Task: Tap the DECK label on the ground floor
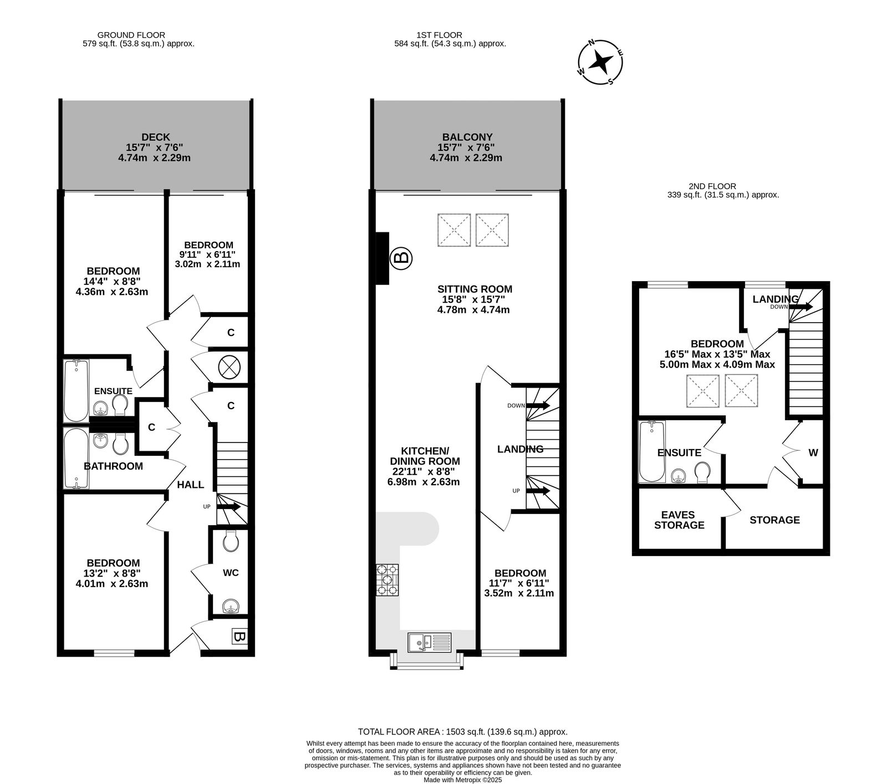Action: pos(156,137)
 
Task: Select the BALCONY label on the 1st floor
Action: pos(467,137)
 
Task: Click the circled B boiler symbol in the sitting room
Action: pos(401,257)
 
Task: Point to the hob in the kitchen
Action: pos(388,580)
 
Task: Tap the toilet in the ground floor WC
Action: pos(231,540)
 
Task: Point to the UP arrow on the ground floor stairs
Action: pos(228,506)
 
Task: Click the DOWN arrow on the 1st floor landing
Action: pos(537,405)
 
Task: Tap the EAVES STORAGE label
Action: pos(679,520)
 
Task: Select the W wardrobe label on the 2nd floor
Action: pos(813,453)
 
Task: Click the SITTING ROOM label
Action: pos(475,289)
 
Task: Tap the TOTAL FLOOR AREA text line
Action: pos(463,732)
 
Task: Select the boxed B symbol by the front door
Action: pos(239,637)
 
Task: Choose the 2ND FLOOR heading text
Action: pos(712,187)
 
